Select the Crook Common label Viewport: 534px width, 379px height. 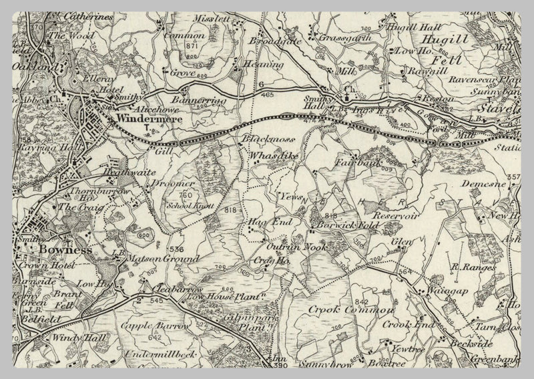click(x=341, y=310)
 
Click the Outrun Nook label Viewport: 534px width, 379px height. click(x=288, y=246)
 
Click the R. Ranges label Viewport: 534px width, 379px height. click(x=473, y=267)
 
